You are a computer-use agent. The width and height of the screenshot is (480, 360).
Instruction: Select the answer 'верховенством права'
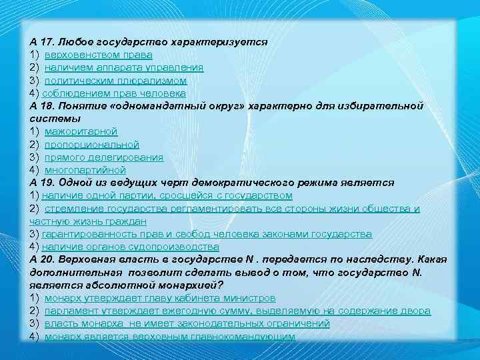coord(98,55)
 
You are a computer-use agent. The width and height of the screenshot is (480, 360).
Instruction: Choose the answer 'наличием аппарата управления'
coord(124,67)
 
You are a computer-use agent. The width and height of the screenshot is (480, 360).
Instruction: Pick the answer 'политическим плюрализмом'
coord(115,80)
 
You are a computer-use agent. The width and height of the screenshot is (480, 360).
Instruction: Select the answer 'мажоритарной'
coord(81,131)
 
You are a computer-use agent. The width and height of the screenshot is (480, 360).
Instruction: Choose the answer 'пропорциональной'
coord(92,144)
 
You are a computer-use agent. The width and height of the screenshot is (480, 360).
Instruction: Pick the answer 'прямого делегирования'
coord(103,157)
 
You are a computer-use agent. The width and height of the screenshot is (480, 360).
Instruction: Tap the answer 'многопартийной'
coord(85,170)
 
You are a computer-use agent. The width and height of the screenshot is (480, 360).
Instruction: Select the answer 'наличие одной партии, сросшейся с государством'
coord(167,195)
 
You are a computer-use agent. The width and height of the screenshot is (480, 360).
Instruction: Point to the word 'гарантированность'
coord(84,234)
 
